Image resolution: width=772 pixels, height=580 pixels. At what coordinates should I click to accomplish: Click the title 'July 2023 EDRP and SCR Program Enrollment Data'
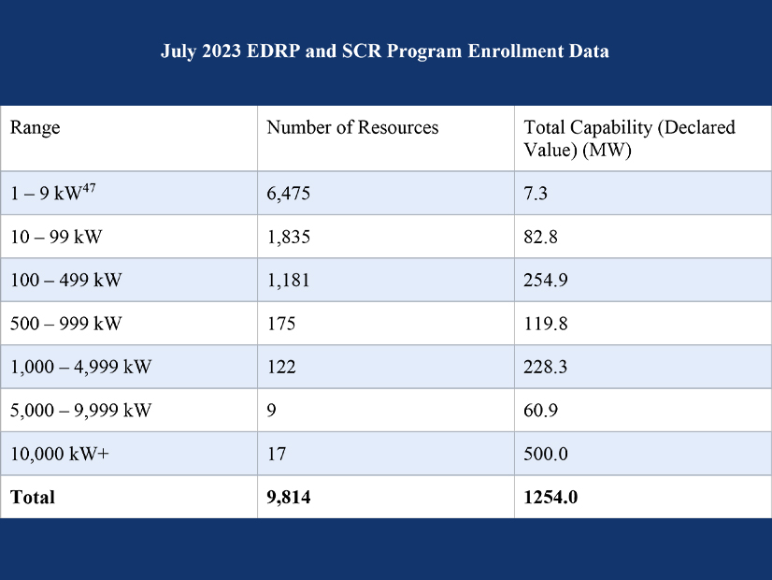385,51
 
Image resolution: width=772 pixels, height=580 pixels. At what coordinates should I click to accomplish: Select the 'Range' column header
35,127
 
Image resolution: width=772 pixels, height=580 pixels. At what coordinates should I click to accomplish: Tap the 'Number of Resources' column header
352,127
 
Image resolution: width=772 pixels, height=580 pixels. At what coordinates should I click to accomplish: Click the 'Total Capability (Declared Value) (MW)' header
629,138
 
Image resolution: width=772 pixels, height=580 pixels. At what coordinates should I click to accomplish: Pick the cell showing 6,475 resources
288,193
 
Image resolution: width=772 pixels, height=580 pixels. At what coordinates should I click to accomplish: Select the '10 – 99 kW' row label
56,237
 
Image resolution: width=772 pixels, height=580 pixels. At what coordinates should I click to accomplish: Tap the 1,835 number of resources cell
288,237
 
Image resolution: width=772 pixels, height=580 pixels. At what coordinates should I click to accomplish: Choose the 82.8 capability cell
540,237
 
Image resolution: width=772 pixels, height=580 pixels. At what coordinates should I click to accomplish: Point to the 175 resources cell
280,324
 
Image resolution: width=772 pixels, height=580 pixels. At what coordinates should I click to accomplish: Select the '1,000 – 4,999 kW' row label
80,367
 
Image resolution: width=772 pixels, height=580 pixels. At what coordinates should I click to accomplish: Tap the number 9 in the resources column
271,410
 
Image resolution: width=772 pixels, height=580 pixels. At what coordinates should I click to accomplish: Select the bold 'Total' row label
33,498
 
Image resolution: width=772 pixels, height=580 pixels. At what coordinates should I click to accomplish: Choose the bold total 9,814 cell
288,498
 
